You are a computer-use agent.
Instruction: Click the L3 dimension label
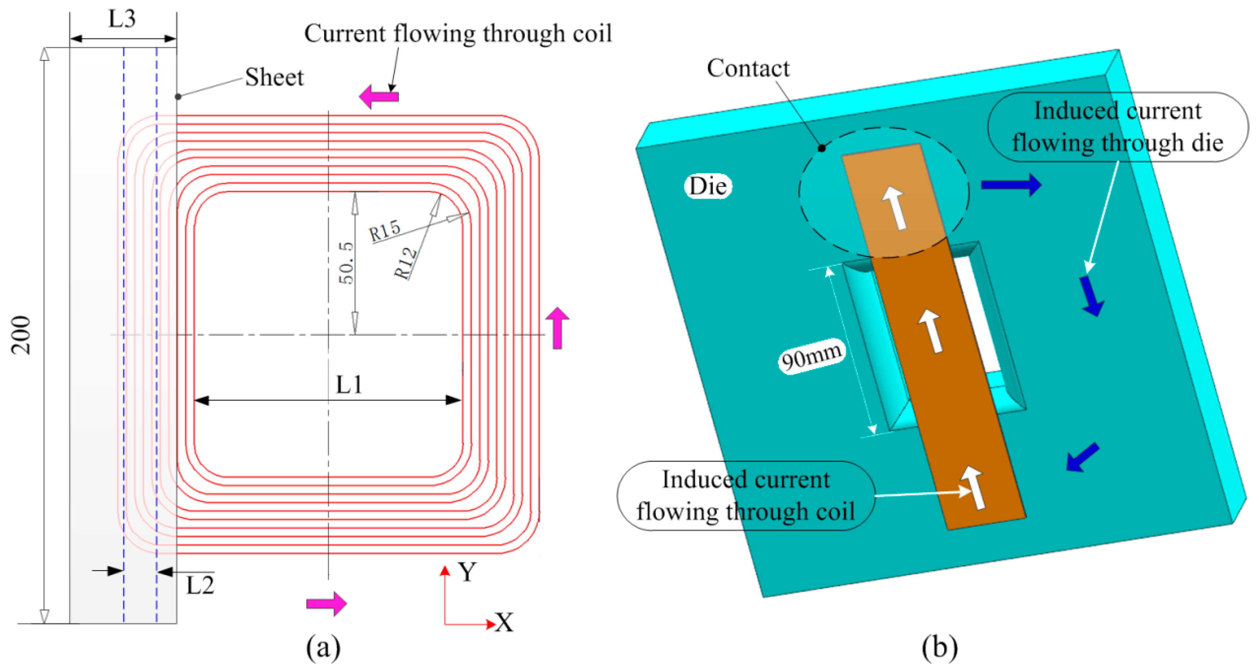(122, 19)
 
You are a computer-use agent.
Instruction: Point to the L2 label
(200, 585)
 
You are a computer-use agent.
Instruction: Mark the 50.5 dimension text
(346, 262)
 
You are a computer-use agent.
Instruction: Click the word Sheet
(274, 77)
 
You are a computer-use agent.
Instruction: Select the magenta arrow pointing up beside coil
(557, 328)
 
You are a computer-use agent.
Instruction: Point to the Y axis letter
(467, 572)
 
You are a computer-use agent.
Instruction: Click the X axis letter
(504, 623)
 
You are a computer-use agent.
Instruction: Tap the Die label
(708, 186)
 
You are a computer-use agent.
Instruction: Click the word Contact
(748, 69)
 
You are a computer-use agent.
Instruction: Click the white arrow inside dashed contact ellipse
(895, 208)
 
